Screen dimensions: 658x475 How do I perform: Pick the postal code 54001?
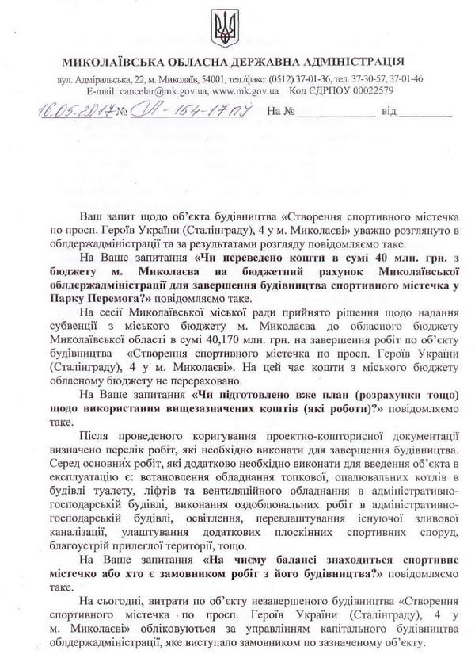pos(209,79)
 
